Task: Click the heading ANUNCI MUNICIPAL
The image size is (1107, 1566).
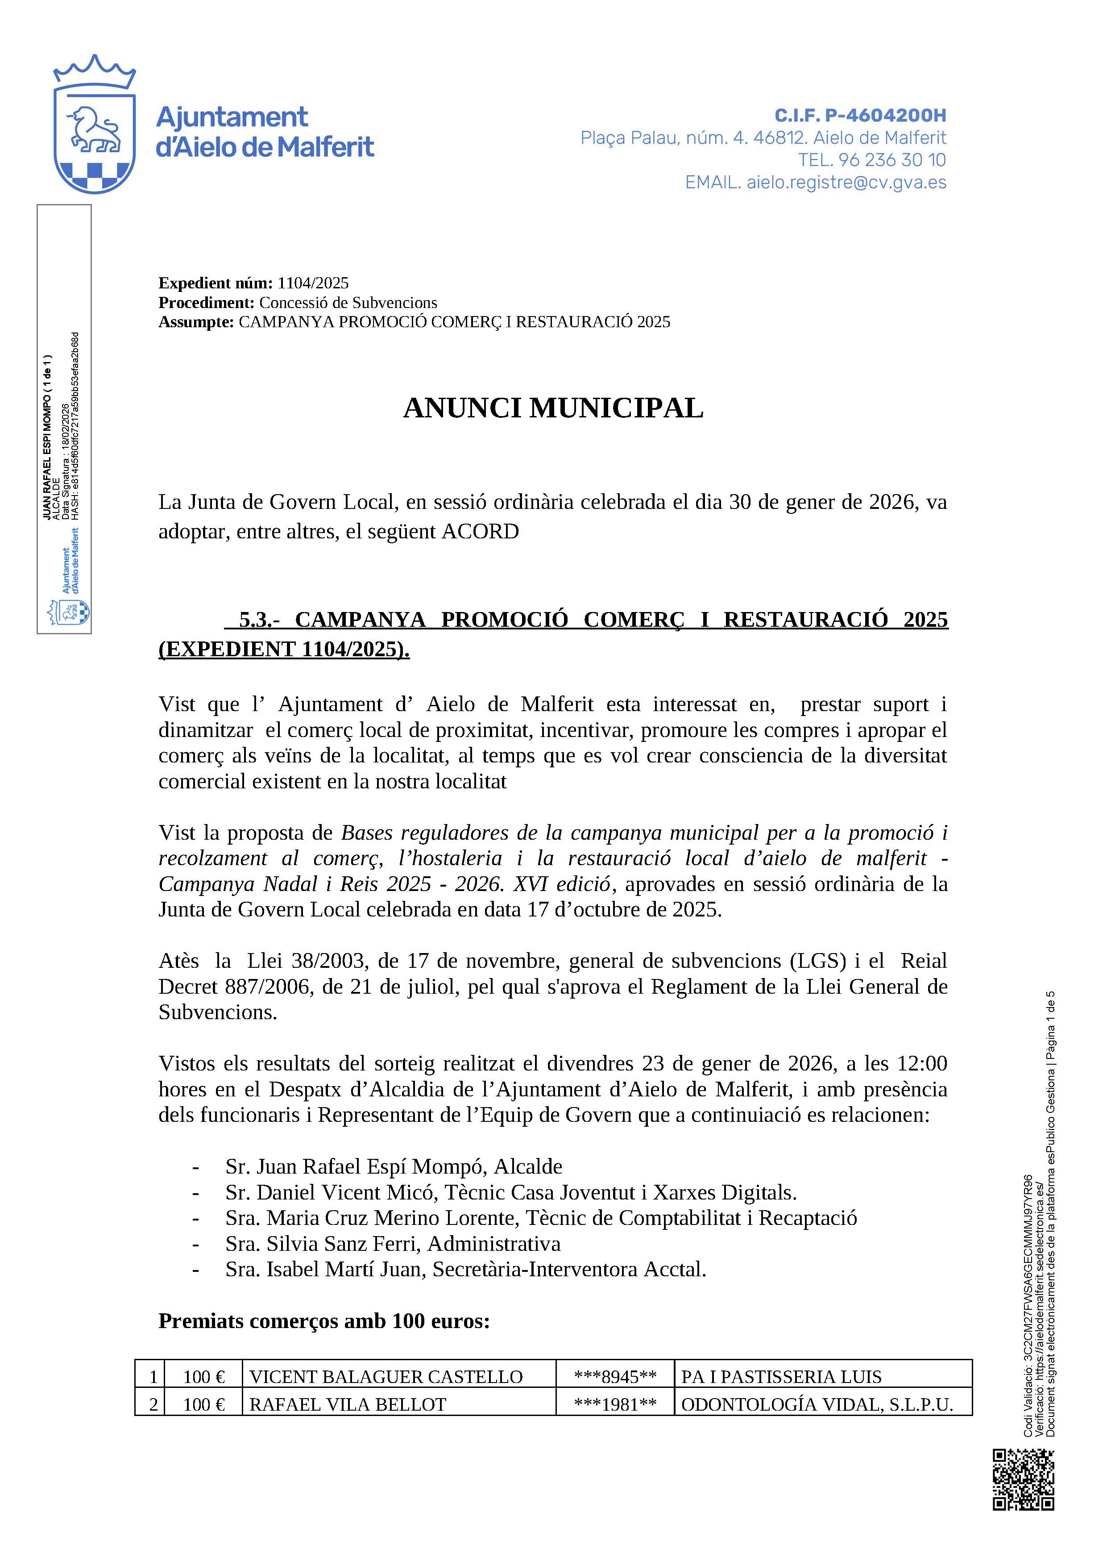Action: tap(553, 408)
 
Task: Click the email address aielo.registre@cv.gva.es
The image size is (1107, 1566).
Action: tap(846, 182)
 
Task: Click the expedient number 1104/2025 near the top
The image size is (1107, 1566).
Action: tap(313, 283)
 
